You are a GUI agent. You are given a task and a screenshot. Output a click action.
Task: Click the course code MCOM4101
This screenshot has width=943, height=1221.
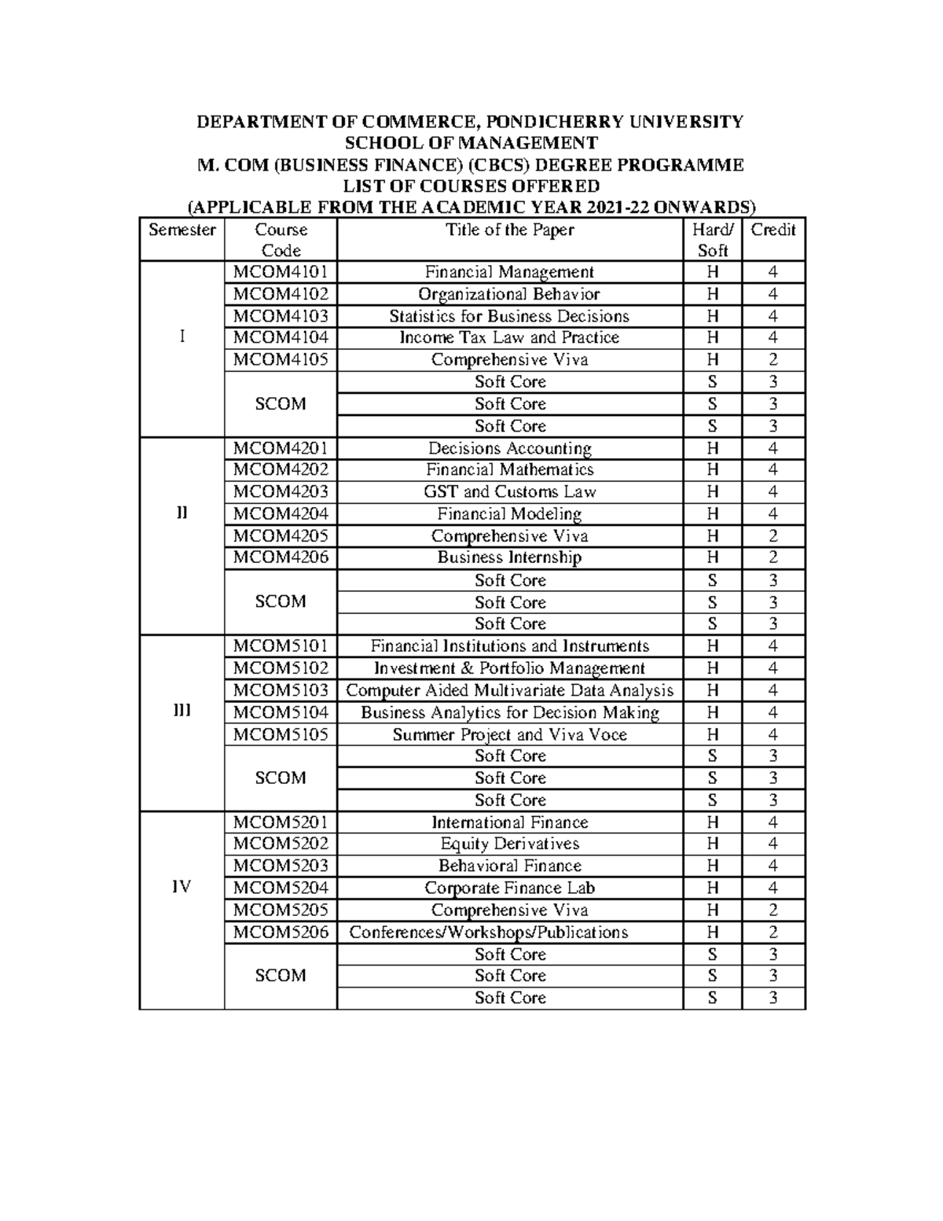(x=281, y=272)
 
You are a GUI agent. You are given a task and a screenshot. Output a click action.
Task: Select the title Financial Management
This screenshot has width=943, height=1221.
(x=509, y=272)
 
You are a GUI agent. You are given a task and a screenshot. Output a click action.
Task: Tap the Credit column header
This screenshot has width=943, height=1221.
(x=773, y=230)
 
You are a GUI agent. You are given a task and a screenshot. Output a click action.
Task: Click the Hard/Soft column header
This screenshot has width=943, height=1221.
(x=712, y=240)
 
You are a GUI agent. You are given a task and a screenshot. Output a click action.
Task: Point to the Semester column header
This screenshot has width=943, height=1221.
(x=182, y=230)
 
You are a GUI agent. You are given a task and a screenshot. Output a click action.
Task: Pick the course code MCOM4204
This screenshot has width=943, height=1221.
(x=281, y=514)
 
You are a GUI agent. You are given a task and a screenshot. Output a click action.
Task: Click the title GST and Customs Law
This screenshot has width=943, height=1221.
(x=509, y=492)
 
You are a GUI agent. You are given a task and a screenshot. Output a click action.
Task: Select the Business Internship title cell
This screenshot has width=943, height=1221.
(x=509, y=558)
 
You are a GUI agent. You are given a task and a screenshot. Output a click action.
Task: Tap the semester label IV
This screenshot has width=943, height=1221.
(x=182, y=887)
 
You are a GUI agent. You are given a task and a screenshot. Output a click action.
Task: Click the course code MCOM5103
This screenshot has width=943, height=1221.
(x=281, y=690)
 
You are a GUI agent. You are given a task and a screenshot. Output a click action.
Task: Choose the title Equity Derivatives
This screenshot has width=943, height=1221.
(x=509, y=844)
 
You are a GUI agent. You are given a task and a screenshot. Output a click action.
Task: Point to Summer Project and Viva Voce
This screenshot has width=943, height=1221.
(x=509, y=735)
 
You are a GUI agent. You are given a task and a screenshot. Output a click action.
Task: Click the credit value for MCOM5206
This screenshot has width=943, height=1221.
(x=773, y=932)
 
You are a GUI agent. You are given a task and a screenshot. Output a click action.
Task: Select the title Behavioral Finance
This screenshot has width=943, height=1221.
(x=509, y=866)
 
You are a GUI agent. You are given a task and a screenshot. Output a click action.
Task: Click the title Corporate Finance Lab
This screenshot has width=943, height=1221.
(x=509, y=888)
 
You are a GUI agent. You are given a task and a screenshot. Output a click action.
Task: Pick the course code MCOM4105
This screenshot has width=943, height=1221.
(x=281, y=360)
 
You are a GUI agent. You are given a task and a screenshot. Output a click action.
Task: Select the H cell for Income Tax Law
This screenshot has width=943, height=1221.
(x=712, y=338)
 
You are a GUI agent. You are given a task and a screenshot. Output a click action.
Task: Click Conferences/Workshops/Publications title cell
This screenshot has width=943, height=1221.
(x=488, y=932)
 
